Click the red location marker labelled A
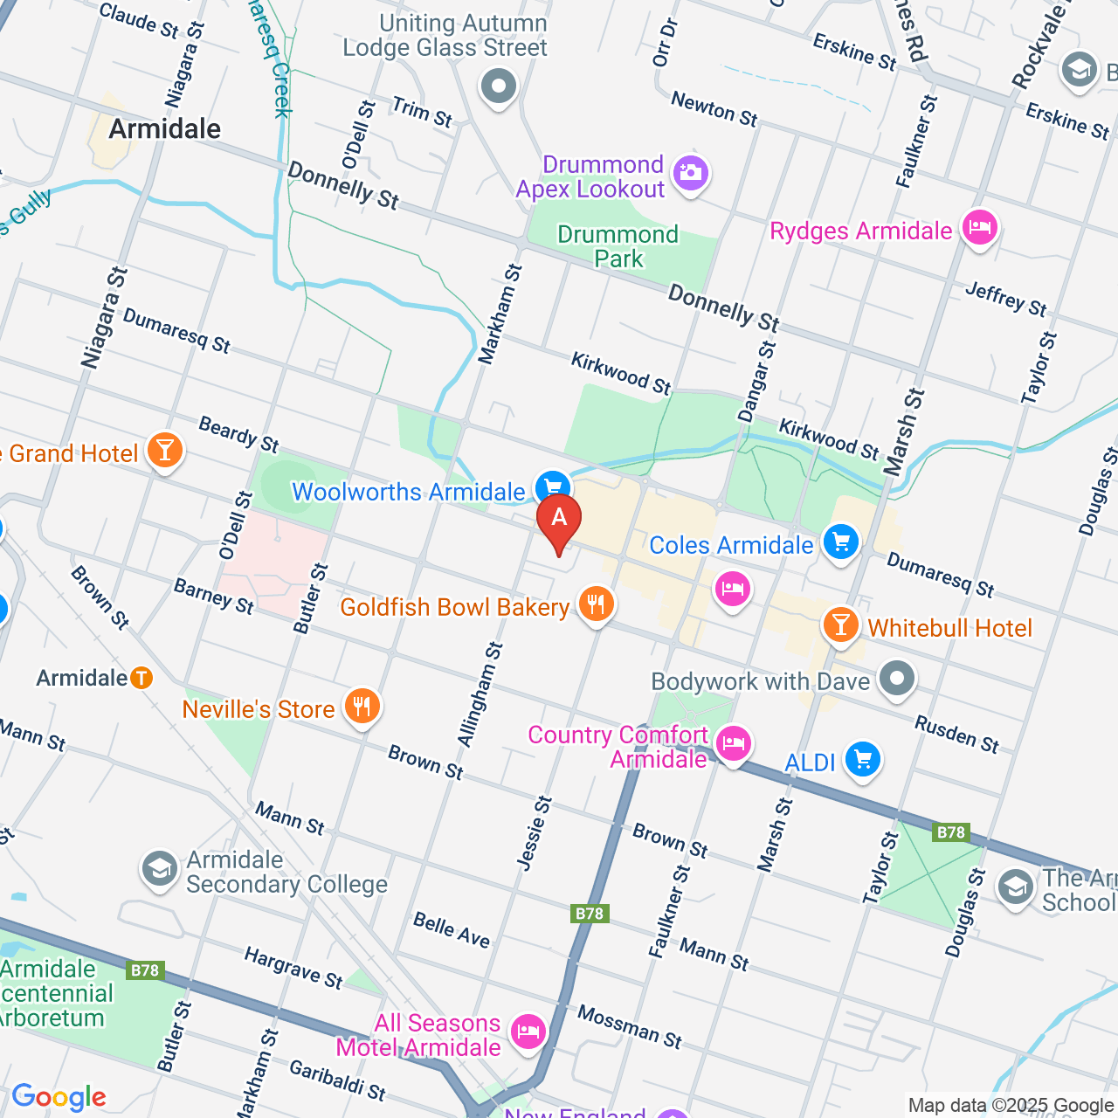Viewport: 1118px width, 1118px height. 559,518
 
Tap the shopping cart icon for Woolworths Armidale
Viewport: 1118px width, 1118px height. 552,487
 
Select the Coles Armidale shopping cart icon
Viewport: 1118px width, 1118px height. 841,542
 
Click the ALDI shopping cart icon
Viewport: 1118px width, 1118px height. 863,759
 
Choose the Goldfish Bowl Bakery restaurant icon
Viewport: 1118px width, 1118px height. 597,604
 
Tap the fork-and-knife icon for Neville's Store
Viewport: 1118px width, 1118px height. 362,706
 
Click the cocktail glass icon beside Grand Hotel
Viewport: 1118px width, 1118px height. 164,451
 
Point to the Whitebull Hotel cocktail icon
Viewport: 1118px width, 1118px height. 841,625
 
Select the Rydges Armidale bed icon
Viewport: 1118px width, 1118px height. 979,228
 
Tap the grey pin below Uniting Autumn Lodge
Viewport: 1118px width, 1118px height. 499,86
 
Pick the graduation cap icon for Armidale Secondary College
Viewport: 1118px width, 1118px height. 160,869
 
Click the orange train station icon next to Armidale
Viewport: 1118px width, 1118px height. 141,678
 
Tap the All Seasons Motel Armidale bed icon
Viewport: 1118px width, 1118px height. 528,1032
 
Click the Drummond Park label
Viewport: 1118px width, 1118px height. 618,246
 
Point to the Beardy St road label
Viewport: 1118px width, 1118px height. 238,435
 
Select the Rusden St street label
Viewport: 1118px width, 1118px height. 956,734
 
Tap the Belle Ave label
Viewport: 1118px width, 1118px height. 452,930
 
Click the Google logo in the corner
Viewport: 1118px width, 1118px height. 59,1097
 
